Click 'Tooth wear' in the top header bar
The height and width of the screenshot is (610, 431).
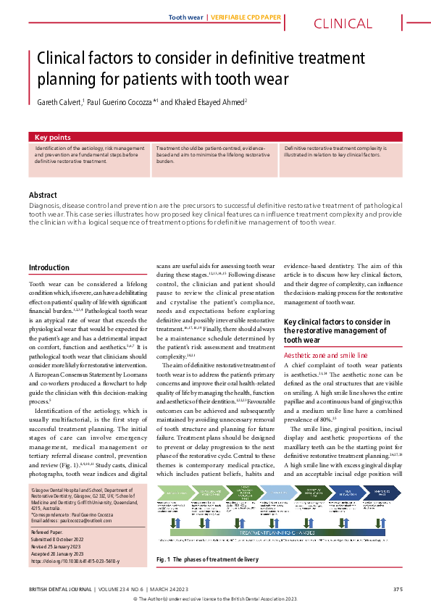[185, 16]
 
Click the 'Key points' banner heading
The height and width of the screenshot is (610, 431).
[53, 137]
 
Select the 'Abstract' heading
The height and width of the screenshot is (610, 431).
[43, 195]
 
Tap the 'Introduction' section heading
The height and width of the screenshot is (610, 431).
[49, 268]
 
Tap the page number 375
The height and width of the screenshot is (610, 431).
[397, 588]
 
